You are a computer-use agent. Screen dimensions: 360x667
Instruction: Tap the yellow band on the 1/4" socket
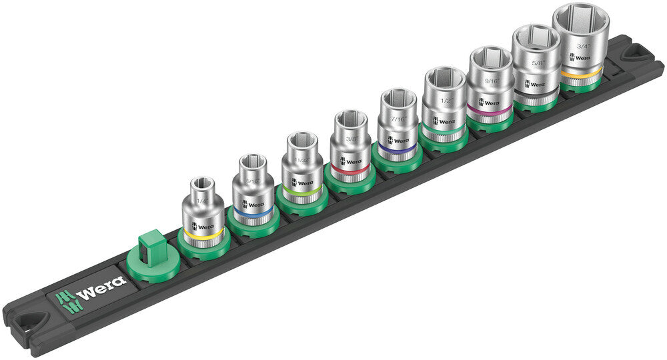[x=203, y=235]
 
